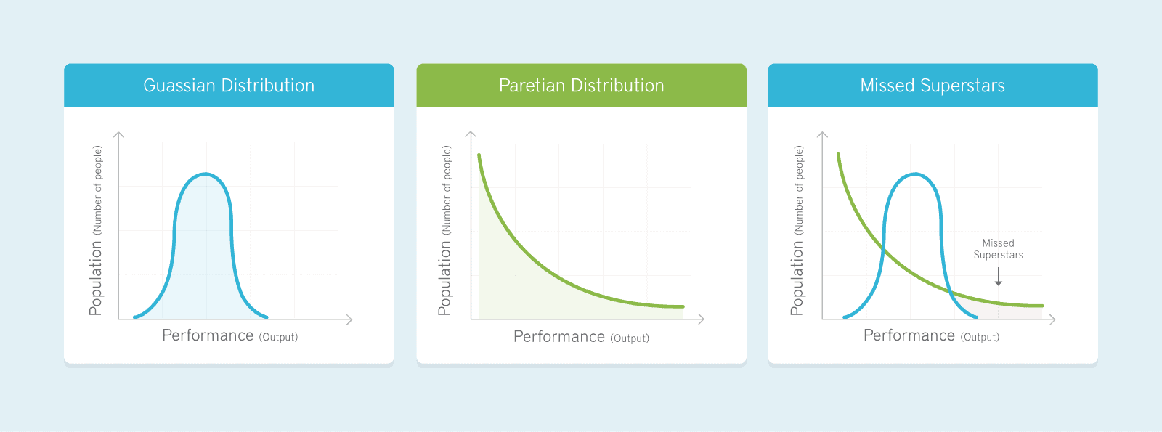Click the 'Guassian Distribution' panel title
(229, 86)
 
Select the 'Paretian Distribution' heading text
(582, 86)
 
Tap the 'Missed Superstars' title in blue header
(933, 86)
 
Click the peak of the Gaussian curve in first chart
(206, 174)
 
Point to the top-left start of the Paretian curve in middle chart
(479, 155)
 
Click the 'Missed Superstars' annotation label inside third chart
(998, 249)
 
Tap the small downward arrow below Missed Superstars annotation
(998, 277)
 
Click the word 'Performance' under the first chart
(208, 335)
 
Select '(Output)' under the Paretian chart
(629, 338)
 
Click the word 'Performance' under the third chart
(909, 335)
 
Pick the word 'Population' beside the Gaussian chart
(95, 279)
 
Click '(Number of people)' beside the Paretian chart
(446, 190)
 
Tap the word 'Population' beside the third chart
(796, 279)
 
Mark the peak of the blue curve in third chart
(915, 174)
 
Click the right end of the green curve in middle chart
(683, 306)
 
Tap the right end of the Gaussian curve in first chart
(267, 317)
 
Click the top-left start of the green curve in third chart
(838, 155)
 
